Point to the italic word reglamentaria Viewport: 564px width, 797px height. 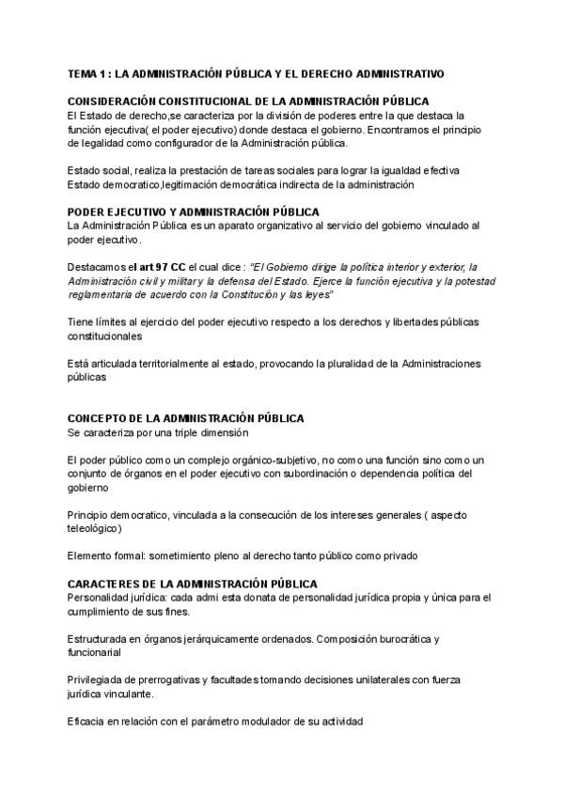[102, 294]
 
